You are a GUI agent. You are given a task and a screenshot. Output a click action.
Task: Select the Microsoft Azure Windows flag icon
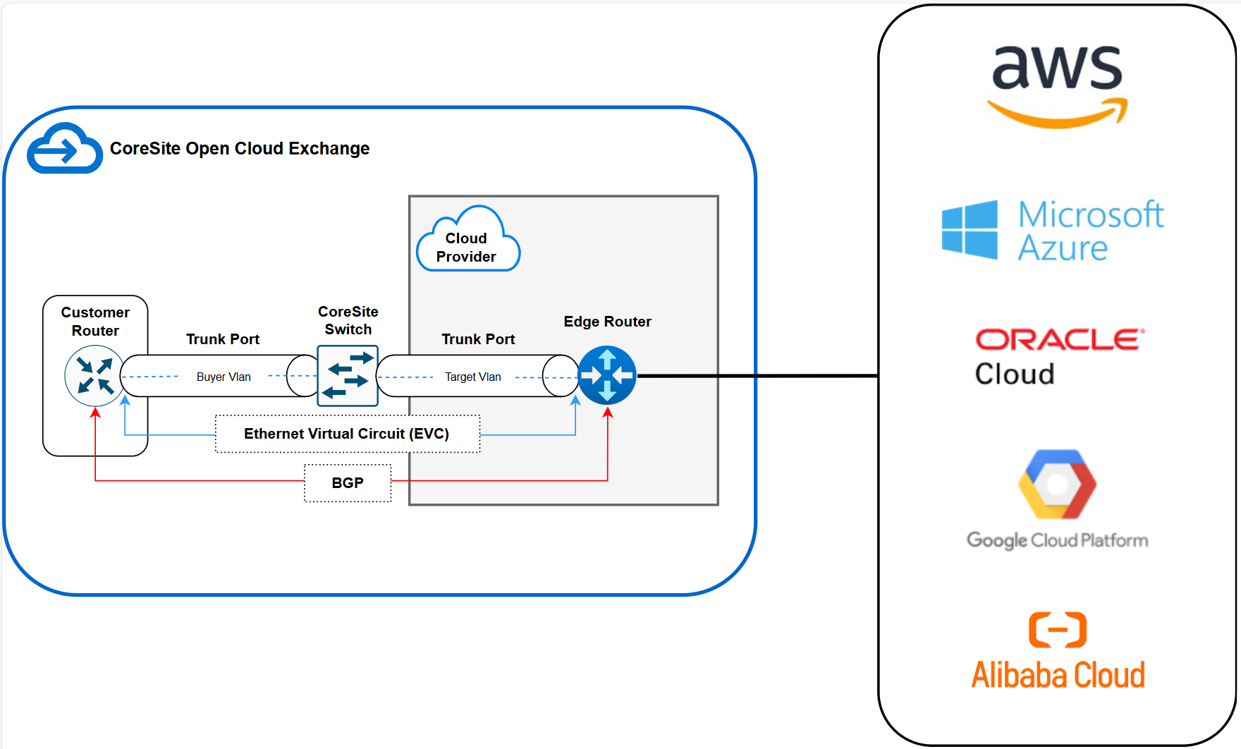pyautogui.click(x=970, y=230)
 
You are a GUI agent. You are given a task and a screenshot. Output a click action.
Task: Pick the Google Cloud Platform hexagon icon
pyautogui.click(x=1057, y=485)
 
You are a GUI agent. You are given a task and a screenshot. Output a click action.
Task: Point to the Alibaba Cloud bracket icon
pyautogui.click(x=1058, y=629)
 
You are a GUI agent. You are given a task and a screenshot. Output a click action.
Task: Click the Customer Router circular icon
pyautogui.click(x=94, y=375)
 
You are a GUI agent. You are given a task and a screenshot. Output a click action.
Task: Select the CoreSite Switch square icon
pyautogui.click(x=348, y=376)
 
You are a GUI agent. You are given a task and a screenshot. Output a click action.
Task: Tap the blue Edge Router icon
pyautogui.click(x=607, y=375)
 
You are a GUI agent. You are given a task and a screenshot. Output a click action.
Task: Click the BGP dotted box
pyautogui.click(x=348, y=483)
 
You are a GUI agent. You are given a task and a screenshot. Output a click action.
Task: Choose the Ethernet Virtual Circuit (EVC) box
pyautogui.click(x=347, y=434)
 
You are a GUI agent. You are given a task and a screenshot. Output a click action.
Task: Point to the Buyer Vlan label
pyautogui.click(x=224, y=377)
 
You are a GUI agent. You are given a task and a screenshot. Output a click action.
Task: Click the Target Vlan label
pyautogui.click(x=473, y=377)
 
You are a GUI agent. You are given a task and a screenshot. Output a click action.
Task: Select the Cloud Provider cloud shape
pyautogui.click(x=467, y=243)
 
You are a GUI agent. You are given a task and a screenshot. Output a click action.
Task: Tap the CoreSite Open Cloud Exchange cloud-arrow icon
pyautogui.click(x=64, y=150)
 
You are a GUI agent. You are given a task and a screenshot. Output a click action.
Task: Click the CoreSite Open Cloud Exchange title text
pyautogui.click(x=240, y=149)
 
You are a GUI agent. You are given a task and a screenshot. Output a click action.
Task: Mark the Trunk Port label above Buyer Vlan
pyautogui.click(x=223, y=339)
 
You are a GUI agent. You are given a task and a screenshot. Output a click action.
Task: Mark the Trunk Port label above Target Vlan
pyautogui.click(x=478, y=339)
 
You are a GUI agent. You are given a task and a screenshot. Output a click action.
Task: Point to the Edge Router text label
pyautogui.click(x=607, y=322)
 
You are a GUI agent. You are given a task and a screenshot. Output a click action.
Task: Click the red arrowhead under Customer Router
pyautogui.click(x=95, y=413)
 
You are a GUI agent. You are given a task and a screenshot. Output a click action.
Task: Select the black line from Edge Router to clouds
pyautogui.click(x=758, y=376)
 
